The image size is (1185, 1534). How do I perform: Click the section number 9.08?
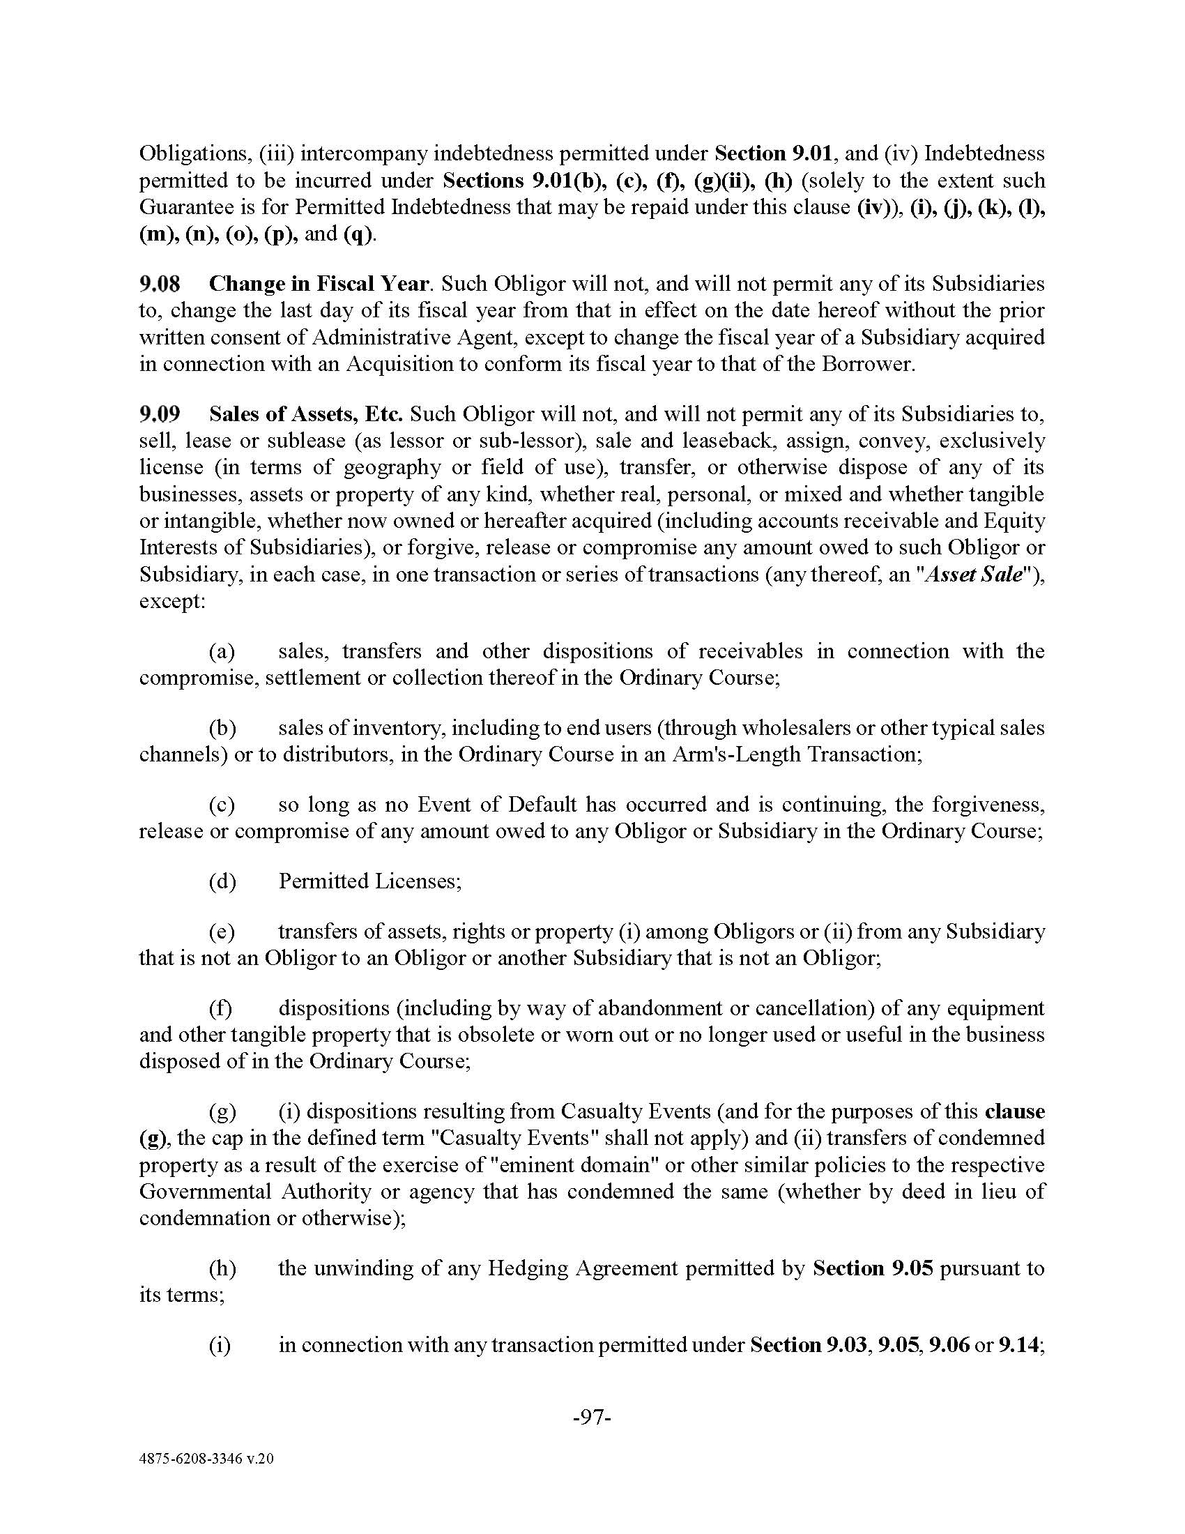[x=160, y=284]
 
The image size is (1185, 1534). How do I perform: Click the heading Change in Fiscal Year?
[x=319, y=284]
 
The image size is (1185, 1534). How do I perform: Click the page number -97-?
[x=592, y=1418]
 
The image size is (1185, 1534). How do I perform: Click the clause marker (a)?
[x=222, y=651]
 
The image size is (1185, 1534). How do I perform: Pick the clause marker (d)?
[x=222, y=881]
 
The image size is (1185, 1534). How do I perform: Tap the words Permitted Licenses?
[x=370, y=881]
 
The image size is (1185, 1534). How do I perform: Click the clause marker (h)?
[x=222, y=1268]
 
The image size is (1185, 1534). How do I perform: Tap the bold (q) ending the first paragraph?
[x=358, y=234]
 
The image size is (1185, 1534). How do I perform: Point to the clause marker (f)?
[x=221, y=1008]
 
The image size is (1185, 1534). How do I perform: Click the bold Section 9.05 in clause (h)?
[x=873, y=1268]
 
